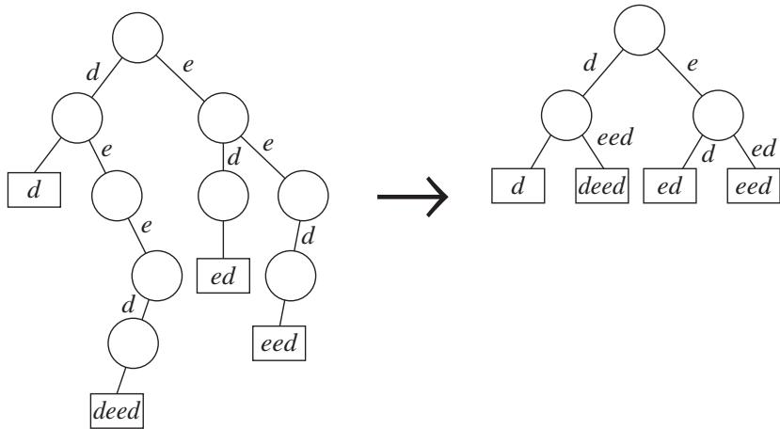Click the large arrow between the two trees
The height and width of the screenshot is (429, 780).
[x=412, y=197]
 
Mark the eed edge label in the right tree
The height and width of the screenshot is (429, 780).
[x=614, y=137]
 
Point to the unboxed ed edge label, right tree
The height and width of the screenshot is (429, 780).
[x=764, y=149]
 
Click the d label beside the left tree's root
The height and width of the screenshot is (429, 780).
[x=93, y=72]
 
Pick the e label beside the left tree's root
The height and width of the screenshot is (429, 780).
[x=187, y=65]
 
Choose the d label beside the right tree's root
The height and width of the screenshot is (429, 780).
[x=590, y=63]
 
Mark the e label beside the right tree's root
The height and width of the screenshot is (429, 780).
[x=692, y=64]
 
